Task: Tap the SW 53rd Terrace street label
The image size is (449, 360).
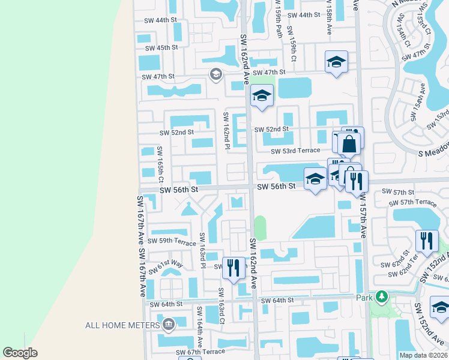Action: [x=295, y=151]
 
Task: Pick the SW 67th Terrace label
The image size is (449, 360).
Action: [x=200, y=352]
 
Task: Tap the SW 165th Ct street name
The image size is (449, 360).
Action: [x=161, y=165]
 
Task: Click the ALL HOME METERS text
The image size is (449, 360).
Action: [x=122, y=325]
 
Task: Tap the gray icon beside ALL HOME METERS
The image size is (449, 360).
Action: [x=169, y=325]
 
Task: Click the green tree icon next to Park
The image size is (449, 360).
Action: [x=381, y=297]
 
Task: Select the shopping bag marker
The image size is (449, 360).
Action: [x=349, y=144]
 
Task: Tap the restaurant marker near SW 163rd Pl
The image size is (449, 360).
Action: [x=234, y=266]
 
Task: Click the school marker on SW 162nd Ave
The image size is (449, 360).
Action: [x=262, y=96]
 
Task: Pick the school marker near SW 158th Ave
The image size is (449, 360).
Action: [x=336, y=62]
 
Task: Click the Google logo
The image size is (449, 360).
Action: [x=20, y=352]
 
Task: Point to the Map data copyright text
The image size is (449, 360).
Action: [x=423, y=355]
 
